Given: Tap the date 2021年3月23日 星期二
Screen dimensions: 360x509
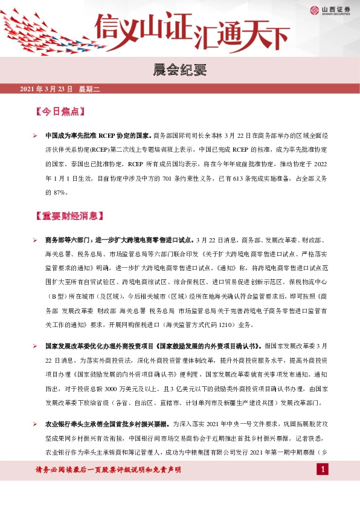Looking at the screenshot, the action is click(x=63, y=89).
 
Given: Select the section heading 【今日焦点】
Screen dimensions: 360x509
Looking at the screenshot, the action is click(x=58, y=111).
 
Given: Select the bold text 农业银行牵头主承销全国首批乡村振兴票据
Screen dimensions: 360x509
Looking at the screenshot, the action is click(x=108, y=424).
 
